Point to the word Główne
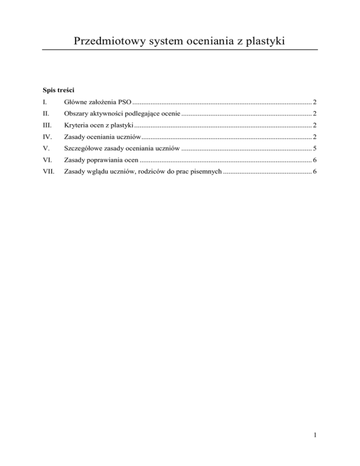75,102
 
